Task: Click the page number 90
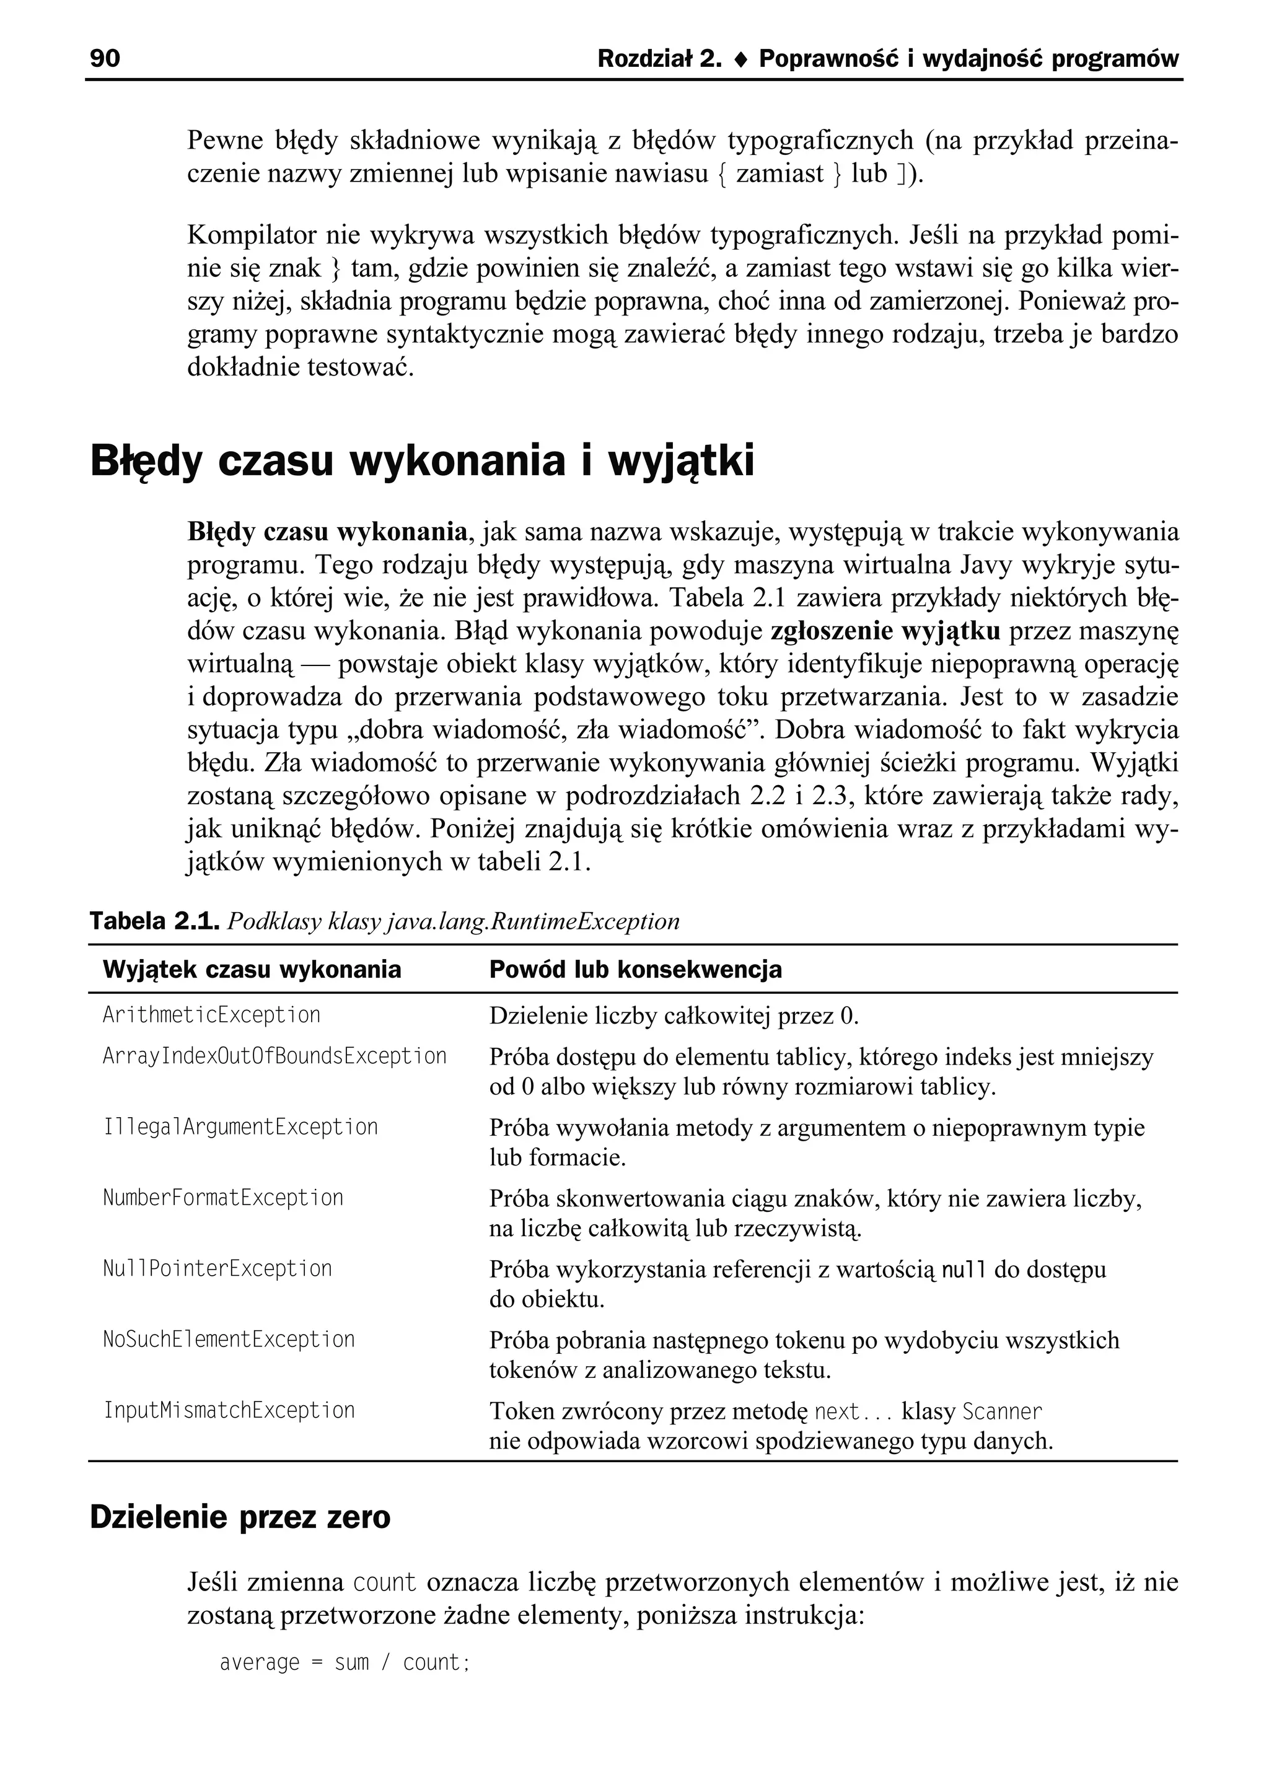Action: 105,59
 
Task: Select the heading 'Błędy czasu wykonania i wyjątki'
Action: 422,461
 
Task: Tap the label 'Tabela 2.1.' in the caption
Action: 155,921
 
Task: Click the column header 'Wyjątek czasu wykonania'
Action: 252,970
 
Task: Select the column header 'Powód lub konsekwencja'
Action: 634,970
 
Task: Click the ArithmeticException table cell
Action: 211,1015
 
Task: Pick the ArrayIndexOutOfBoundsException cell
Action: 274,1056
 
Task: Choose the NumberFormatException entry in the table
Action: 222,1198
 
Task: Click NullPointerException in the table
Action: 217,1268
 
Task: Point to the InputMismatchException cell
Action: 228,1410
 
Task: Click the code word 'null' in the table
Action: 964,1270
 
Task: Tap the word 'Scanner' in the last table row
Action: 1002,1412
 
